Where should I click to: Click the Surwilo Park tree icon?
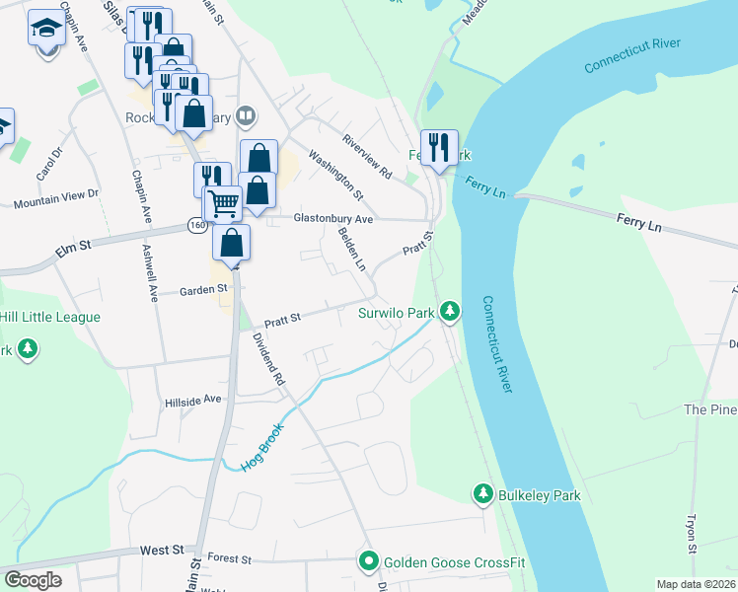[x=450, y=313]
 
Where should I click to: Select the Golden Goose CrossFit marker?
[x=369, y=562]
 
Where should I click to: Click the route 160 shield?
[x=197, y=226]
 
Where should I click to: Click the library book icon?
[x=246, y=117]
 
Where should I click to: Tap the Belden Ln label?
[x=351, y=251]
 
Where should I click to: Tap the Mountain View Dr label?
[x=56, y=200]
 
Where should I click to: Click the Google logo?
[x=33, y=580]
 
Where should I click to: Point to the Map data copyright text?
[x=695, y=584]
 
